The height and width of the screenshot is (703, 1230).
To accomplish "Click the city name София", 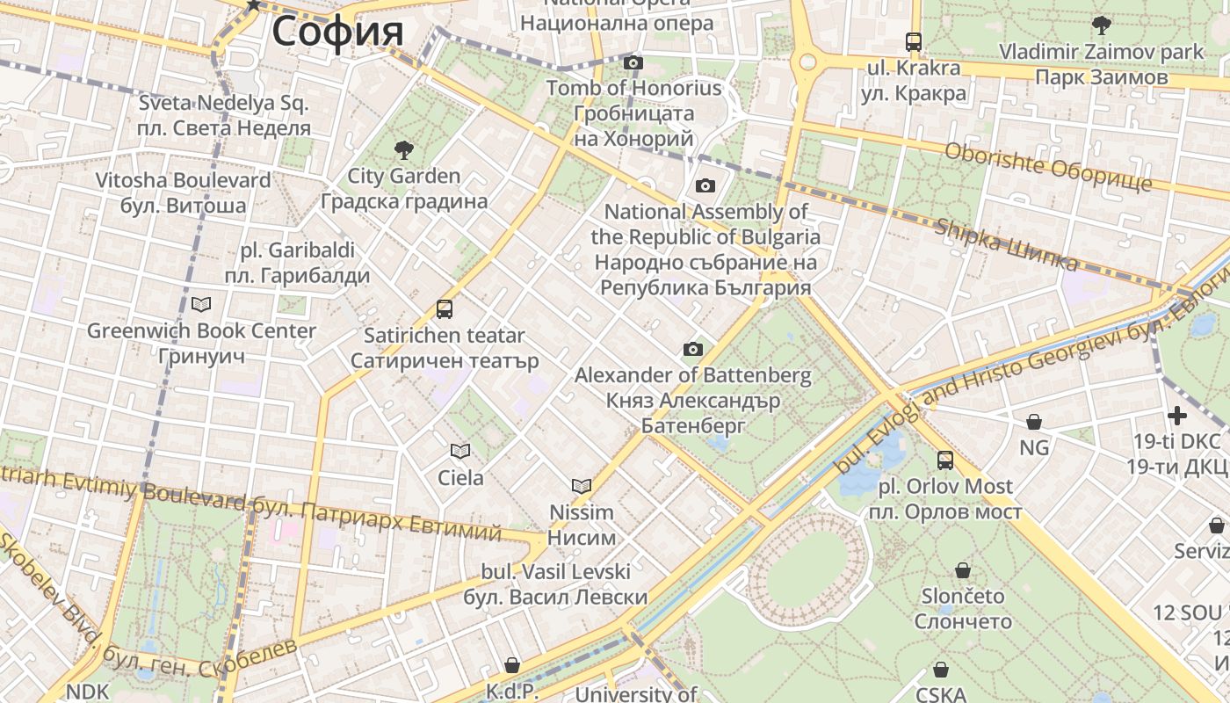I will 337,32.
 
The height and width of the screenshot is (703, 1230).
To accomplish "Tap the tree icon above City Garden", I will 403,149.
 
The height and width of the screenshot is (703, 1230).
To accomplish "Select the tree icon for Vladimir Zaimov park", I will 1101,25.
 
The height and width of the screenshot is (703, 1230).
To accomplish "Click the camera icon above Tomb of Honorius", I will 633,62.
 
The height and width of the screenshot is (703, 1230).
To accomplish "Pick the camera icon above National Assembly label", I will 705,185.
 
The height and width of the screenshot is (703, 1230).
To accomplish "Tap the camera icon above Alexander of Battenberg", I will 693,349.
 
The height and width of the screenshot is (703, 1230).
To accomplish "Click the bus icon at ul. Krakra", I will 914,41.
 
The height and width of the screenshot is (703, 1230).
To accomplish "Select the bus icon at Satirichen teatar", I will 445,309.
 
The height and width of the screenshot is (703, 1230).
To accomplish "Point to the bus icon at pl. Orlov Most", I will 945,460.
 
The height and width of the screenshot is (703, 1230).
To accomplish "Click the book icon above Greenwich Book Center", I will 201,305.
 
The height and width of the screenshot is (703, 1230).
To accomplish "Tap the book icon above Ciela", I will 460,452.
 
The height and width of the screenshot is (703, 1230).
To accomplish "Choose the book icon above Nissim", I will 582,486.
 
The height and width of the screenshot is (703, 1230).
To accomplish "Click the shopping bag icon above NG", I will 1034,422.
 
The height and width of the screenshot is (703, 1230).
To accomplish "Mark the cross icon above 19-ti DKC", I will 1177,415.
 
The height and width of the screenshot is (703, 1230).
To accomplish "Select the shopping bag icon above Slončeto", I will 963,570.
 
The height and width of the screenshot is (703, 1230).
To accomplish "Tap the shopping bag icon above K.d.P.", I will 511,665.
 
